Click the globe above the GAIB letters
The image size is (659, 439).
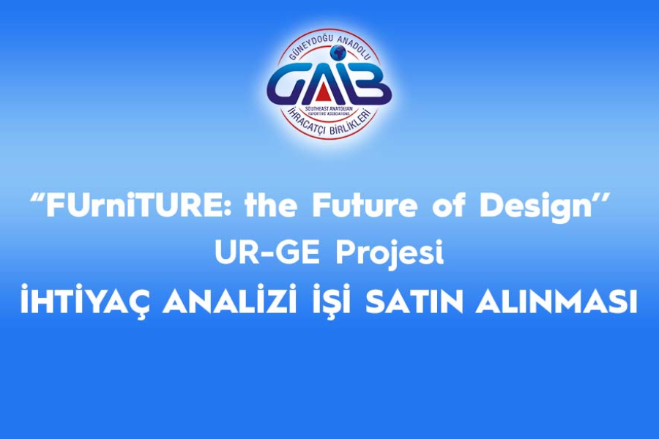coord(338,53)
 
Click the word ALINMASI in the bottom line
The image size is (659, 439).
coord(556,303)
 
